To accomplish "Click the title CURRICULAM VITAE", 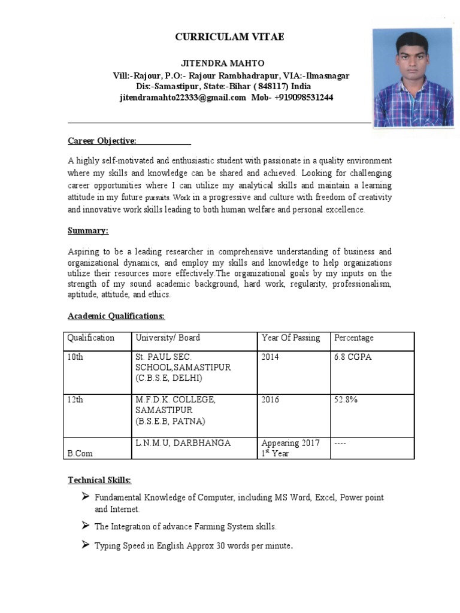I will click(x=229, y=37).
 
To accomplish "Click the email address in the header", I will click(x=183, y=98).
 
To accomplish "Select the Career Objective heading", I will click(x=102, y=141).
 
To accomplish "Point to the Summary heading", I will click(x=87, y=230).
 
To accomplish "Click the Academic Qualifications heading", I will click(x=116, y=315).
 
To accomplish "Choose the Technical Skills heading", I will click(x=99, y=480).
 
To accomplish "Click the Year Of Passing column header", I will click(x=290, y=338).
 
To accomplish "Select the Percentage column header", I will click(x=353, y=338).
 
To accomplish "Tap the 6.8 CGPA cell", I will click(x=353, y=357).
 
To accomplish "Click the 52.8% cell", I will click(x=346, y=400).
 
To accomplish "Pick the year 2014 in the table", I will click(x=270, y=357).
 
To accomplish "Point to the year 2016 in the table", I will click(x=270, y=400).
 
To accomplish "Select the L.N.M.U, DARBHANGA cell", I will click(x=175, y=443).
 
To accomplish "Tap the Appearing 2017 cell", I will click(x=290, y=444).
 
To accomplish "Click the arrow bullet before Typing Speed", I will click(x=86, y=545).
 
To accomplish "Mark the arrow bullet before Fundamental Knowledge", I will click(x=86, y=497).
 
